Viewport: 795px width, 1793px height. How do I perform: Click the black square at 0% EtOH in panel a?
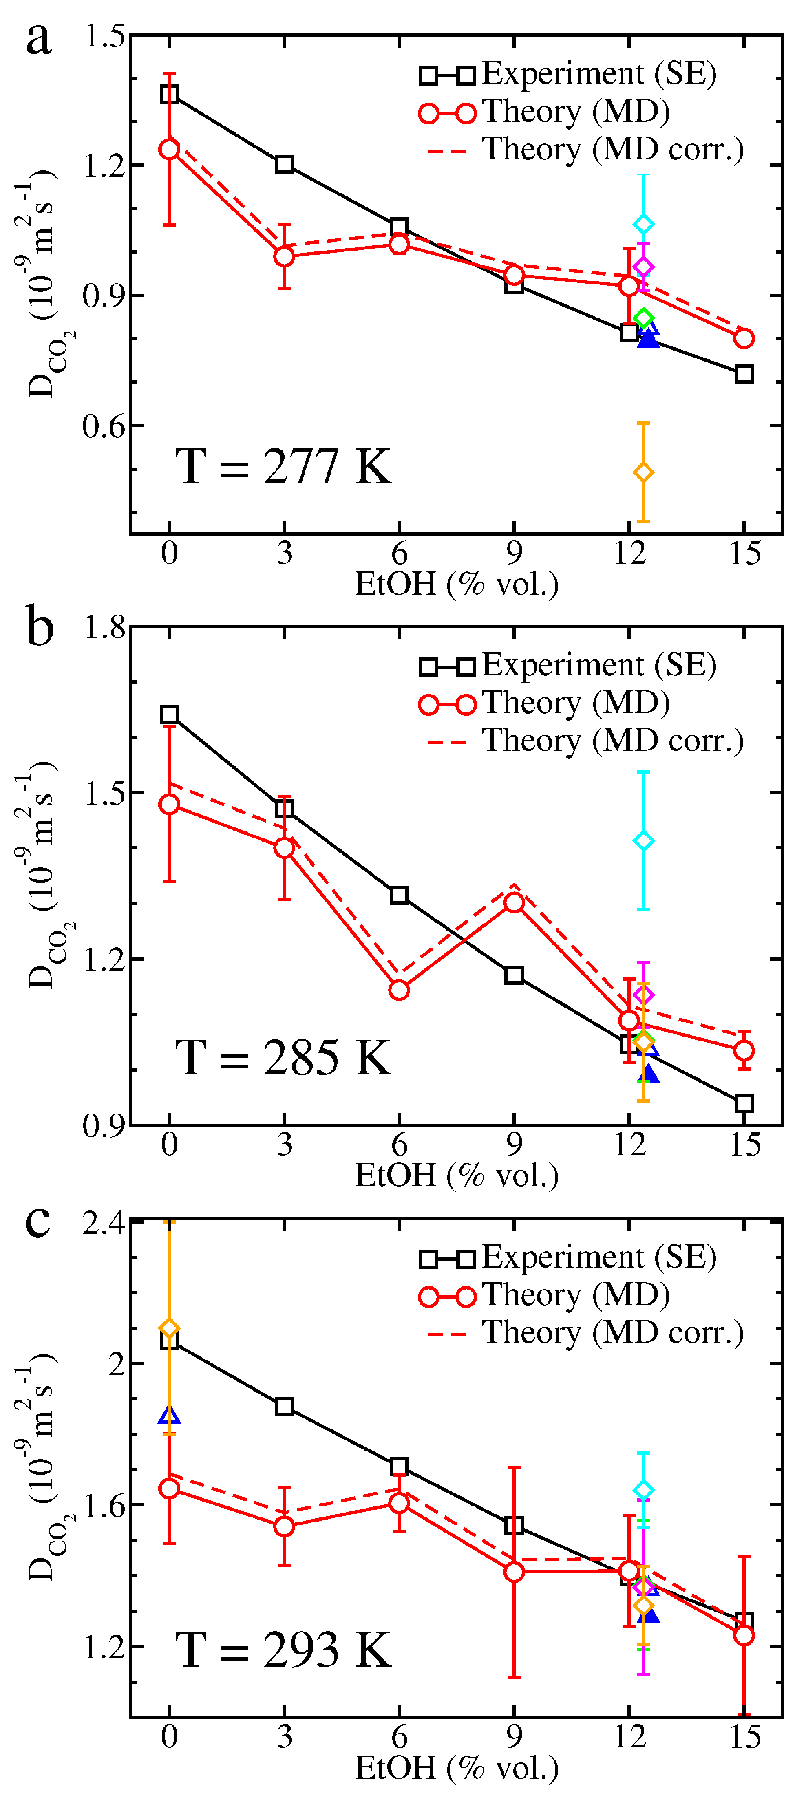pyautogui.click(x=169, y=94)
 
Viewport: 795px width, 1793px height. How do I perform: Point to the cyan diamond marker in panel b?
pyautogui.click(x=643, y=841)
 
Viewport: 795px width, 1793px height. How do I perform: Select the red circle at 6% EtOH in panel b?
pyautogui.click(x=399, y=990)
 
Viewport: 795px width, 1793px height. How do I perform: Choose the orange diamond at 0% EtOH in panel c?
pyautogui.click(x=169, y=1328)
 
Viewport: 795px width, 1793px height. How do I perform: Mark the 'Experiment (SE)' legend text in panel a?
pyautogui.click(x=598, y=74)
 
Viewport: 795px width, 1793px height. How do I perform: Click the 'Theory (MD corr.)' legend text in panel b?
pyautogui.click(x=613, y=741)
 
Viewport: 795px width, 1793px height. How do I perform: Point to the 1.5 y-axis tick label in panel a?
pyautogui.click(x=104, y=36)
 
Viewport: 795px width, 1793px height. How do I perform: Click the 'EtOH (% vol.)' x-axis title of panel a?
pyautogui.click(x=457, y=584)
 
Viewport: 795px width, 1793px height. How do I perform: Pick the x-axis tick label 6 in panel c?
pyautogui.click(x=399, y=1737)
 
